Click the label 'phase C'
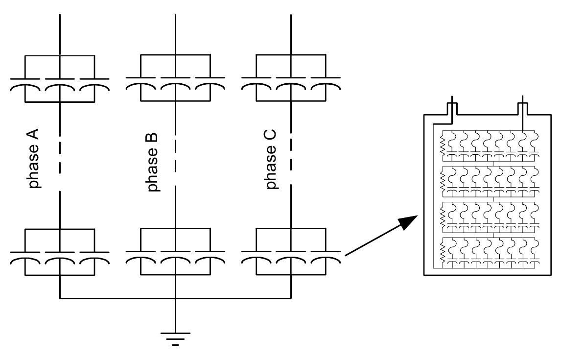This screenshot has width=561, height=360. pos(270,159)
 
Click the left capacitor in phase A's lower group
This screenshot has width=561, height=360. pos(25,257)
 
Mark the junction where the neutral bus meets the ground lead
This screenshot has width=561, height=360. pos(175,298)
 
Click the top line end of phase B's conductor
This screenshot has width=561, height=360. pos(175,16)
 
